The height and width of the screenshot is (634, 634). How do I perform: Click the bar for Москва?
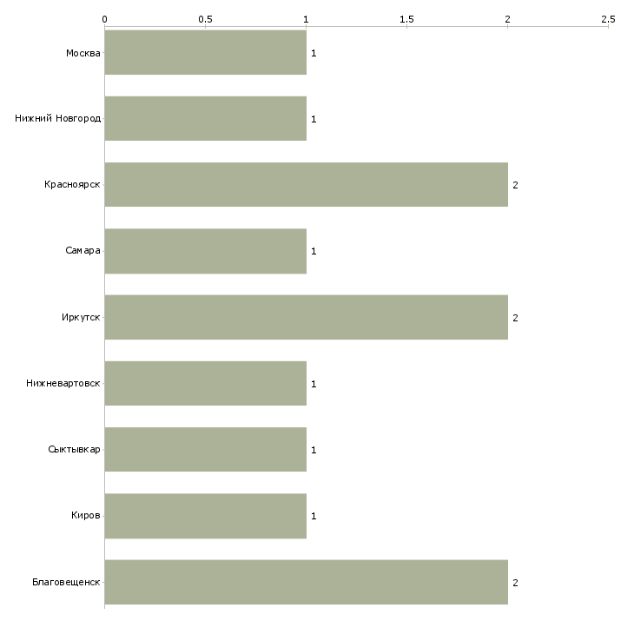(x=206, y=53)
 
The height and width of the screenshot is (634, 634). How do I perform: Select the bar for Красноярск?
(x=306, y=185)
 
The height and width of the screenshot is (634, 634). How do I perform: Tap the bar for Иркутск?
(x=306, y=317)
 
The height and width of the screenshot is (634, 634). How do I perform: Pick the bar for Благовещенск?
(x=306, y=582)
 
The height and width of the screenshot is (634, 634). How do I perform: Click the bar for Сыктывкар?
(x=206, y=450)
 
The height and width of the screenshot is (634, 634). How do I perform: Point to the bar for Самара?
(x=206, y=251)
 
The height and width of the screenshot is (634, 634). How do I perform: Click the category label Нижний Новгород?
(x=58, y=118)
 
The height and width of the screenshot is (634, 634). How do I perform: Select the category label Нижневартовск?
(x=63, y=383)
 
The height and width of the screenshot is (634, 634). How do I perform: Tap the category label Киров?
(x=86, y=516)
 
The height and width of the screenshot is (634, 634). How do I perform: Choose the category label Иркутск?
(x=81, y=317)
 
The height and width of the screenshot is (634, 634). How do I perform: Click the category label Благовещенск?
(x=66, y=582)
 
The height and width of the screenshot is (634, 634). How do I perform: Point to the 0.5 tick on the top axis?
(x=206, y=27)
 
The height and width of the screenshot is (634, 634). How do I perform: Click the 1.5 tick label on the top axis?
(x=406, y=19)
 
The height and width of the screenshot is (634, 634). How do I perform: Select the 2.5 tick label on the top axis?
(x=608, y=19)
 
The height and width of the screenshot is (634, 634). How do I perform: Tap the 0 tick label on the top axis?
(x=105, y=19)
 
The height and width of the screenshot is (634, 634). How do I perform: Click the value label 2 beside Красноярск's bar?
(x=515, y=185)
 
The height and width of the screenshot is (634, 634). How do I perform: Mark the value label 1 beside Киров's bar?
(x=314, y=517)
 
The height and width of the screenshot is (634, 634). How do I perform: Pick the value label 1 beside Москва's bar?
(x=314, y=53)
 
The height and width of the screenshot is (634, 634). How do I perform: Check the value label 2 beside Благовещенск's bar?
(x=515, y=583)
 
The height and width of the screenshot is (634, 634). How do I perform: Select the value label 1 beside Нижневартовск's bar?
(x=314, y=384)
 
